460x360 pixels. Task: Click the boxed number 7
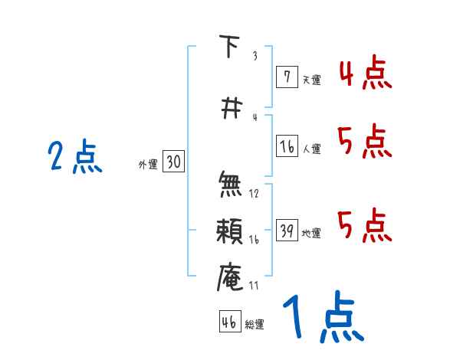click(287, 77)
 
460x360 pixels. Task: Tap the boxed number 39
click(287, 231)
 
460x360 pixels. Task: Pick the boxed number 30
click(173, 162)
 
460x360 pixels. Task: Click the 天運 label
click(312, 79)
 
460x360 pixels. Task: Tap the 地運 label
click(312, 234)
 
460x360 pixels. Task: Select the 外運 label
click(148, 164)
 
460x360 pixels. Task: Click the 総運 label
click(255, 325)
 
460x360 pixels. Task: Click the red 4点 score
click(365, 74)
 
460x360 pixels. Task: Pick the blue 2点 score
click(75, 159)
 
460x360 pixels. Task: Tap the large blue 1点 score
click(322, 318)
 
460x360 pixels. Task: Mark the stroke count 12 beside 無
click(254, 194)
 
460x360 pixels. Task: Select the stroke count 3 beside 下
click(254, 56)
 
